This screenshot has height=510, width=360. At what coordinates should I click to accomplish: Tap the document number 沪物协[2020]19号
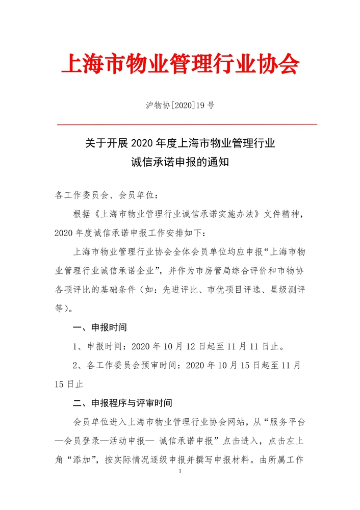[x=179, y=106]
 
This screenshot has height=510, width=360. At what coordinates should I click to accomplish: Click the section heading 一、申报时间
[x=99, y=326]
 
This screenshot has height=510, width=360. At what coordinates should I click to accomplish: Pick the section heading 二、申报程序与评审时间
[x=123, y=403]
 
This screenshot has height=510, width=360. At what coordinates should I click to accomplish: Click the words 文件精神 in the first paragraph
[x=284, y=214]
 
